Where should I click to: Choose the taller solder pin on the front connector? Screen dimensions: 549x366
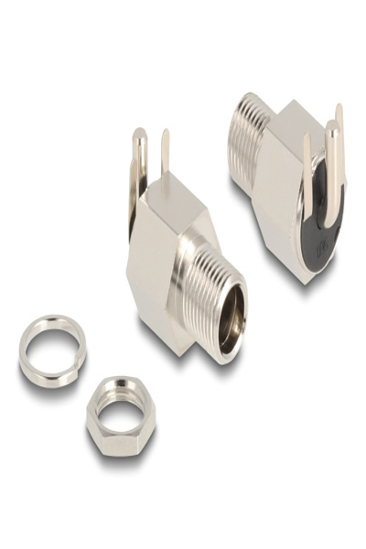(x=139, y=165)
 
